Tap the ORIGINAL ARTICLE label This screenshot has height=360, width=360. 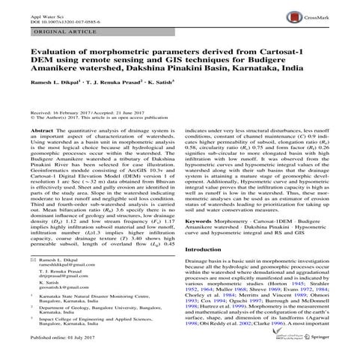(x=46, y=31)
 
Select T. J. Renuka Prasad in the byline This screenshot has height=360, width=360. (x=113, y=98)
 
